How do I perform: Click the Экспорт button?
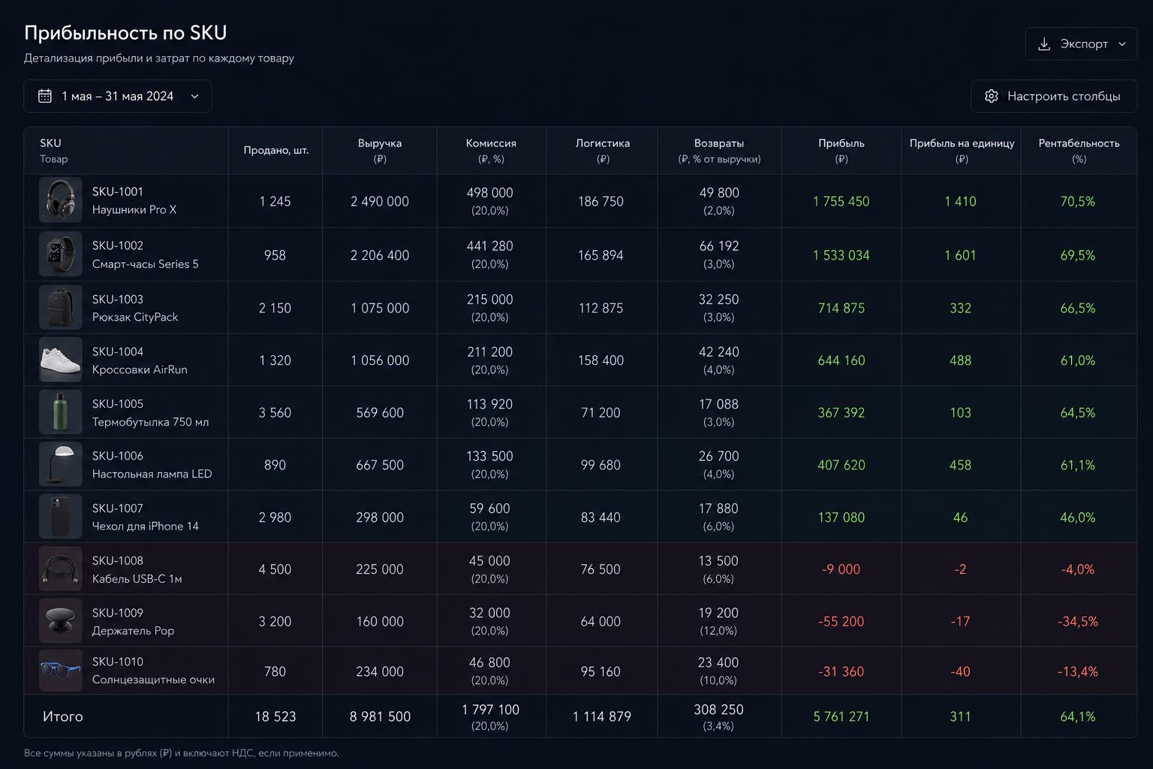(x=1080, y=44)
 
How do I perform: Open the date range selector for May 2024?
(x=118, y=96)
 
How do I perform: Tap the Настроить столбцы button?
(x=1054, y=96)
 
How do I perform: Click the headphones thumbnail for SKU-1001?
(x=60, y=200)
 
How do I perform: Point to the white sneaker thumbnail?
(x=60, y=360)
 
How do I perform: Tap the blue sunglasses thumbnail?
(x=60, y=670)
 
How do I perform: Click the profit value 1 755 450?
(x=841, y=201)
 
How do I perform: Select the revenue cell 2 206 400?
(x=380, y=255)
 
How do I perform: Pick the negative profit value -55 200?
(x=841, y=621)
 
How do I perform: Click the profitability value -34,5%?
(x=1078, y=621)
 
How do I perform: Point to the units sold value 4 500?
(x=275, y=569)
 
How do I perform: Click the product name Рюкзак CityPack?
(x=135, y=317)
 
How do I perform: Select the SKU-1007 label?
(x=117, y=508)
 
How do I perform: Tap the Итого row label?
(x=63, y=716)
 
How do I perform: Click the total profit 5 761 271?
(x=841, y=716)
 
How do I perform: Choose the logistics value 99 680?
(x=601, y=465)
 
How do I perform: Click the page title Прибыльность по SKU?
(x=125, y=33)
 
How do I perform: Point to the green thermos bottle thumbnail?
(x=60, y=412)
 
